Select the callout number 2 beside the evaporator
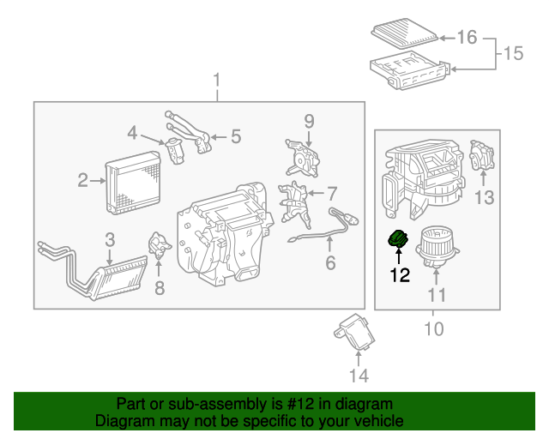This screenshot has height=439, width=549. pyautogui.click(x=83, y=180)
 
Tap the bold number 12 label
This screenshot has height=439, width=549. pyautogui.click(x=400, y=275)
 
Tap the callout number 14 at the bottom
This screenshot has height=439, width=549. pyautogui.click(x=359, y=375)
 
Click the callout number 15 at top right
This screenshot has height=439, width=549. pyautogui.click(x=512, y=54)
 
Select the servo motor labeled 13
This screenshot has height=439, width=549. pyautogui.click(x=484, y=158)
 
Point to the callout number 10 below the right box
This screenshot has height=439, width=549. pyautogui.click(x=432, y=328)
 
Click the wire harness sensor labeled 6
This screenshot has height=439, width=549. pyautogui.click(x=322, y=229)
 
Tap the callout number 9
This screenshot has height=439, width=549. pyautogui.click(x=310, y=122)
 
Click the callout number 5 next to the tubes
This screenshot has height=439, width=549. pyautogui.click(x=235, y=135)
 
